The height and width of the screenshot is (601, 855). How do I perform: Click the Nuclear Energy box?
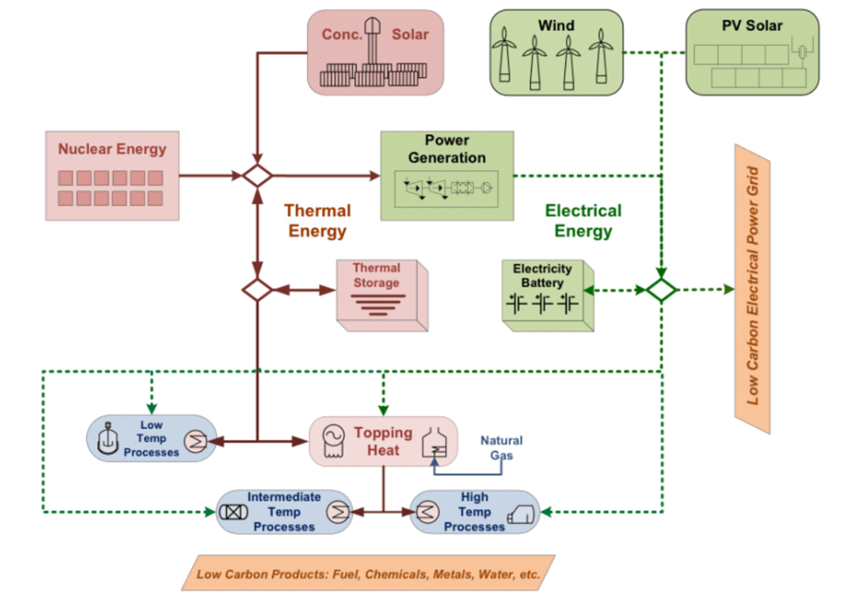point(113,176)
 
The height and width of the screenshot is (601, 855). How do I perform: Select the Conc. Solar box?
point(375,53)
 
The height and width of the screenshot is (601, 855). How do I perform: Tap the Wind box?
point(556,53)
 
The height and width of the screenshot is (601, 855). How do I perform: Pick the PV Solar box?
point(752,53)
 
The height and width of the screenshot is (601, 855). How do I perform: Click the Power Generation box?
point(448,176)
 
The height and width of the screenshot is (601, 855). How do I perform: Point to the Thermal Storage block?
point(382,295)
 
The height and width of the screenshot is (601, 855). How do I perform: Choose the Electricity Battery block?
point(548,295)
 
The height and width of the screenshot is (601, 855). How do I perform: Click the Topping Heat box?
point(383,441)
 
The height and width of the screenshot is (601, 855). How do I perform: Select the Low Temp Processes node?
point(152,438)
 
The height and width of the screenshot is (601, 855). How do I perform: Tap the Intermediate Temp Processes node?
point(284,512)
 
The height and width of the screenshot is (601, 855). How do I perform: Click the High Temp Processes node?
point(474,512)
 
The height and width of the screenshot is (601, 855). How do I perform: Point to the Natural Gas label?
point(501,447)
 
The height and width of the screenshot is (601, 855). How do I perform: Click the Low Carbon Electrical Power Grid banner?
point(752,288)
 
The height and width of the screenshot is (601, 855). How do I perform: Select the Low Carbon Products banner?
point(368,573)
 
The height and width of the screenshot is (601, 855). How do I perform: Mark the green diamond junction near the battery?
point(661,290)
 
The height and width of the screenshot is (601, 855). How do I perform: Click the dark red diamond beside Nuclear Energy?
point(257,176)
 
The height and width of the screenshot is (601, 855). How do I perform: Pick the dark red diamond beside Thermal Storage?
point(257,290)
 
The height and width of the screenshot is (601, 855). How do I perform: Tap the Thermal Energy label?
point(317,221)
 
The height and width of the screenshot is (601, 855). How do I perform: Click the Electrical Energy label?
point(584,221)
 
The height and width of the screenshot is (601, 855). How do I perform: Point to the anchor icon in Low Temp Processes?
point(108,438)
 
